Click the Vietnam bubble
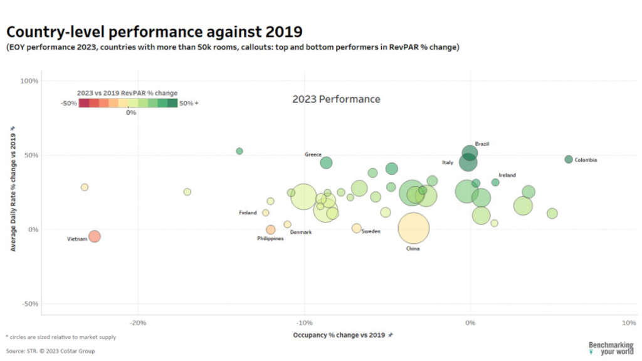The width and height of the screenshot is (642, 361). (95, 236)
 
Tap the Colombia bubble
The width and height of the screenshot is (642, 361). (569, 159)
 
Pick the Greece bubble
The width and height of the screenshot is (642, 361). (326, 163)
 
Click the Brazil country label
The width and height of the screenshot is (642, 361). (481, 144)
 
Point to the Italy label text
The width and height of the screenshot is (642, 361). (448, 162)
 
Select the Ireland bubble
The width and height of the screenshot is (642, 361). (495, 182)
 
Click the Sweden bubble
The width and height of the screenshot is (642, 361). (356, 228)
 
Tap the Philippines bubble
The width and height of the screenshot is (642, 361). (270, 229)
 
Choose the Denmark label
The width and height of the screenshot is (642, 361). (301, 233)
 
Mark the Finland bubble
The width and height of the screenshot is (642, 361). (266, 212)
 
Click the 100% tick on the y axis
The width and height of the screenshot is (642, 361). (30, 81)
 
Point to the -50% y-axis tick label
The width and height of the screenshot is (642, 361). (30, 304)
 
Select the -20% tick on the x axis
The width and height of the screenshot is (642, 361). (138, 323)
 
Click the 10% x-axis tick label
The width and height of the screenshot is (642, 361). (629, 323)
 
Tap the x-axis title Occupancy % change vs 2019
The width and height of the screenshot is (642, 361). (339, 335)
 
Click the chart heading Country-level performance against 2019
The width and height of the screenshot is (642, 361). (154, 31)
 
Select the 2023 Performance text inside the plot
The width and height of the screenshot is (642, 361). (336, 99)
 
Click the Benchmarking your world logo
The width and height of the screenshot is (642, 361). (611, 348)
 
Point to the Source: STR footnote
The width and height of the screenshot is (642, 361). (51, 351)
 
